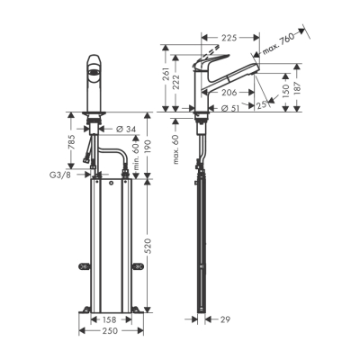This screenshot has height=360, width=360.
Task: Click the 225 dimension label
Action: pos(229,38)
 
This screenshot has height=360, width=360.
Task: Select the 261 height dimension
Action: pos(166,75)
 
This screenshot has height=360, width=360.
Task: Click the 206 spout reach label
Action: pos(229,93)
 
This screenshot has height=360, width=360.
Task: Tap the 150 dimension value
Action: pos(285,92)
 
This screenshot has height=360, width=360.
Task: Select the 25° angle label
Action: pos(262,104)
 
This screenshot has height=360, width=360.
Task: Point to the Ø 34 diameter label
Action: pos(126,130)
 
